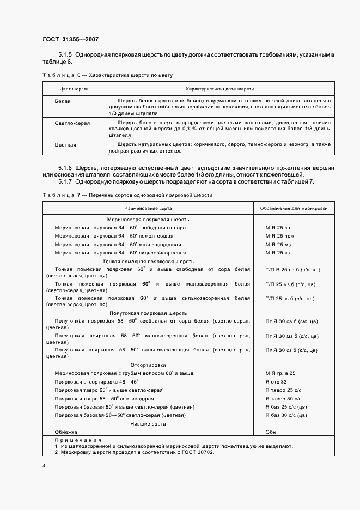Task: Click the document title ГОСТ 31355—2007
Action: (x=70, y=39)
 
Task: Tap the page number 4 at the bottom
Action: (x=44, y=466)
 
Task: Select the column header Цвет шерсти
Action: (x=74, y=88)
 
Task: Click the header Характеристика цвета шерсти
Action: (x=219, y=88)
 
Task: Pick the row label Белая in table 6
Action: (x=62, y=101)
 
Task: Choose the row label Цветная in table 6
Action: (x=65, y=145)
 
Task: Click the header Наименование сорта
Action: (x=148, y=208)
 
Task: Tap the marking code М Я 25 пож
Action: (x=279, y=235)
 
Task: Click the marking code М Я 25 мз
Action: (x=278, y=244)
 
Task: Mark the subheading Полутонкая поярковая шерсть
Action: (x=148, y=313)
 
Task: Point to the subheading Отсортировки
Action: (x=148, y=365)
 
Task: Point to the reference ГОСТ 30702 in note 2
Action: (x=194, y=452)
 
